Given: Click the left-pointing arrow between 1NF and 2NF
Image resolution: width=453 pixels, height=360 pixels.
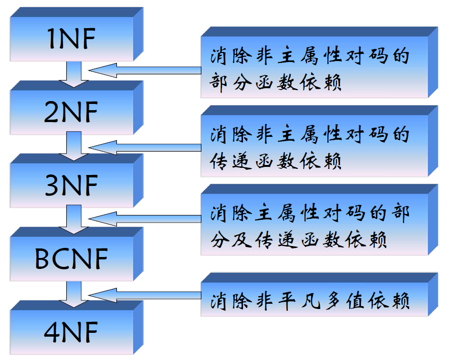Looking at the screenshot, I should pyautogui.click(x=143, y=71).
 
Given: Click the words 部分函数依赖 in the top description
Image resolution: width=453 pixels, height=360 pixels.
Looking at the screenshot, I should pyautogui.click(x=276, y=83).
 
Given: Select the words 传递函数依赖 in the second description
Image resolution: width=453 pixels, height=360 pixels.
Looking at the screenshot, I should pyautogui.click(x=276, y=161).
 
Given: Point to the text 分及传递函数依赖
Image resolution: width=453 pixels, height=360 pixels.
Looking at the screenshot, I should pyautogui.click(x=298, y=238).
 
